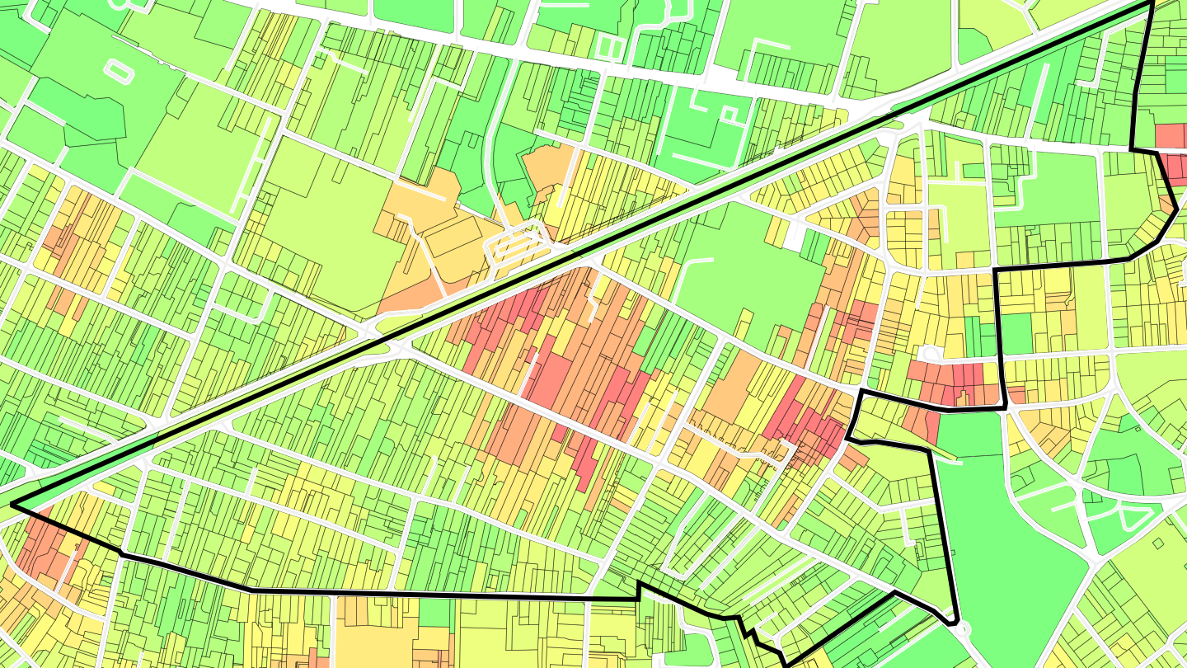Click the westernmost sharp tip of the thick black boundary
pyautogui.click(x=12, y=505)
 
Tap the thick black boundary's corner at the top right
pyautogui.click(x=1151, y=3)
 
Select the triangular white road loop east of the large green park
pyautogui.click(x=1133, y=519)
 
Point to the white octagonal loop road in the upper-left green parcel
pyautogui.click(x=118, y=71)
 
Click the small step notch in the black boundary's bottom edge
pyautogui.click(x=639, y=589)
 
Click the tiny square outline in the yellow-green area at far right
pyautogui.click(x=1158, y=543)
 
